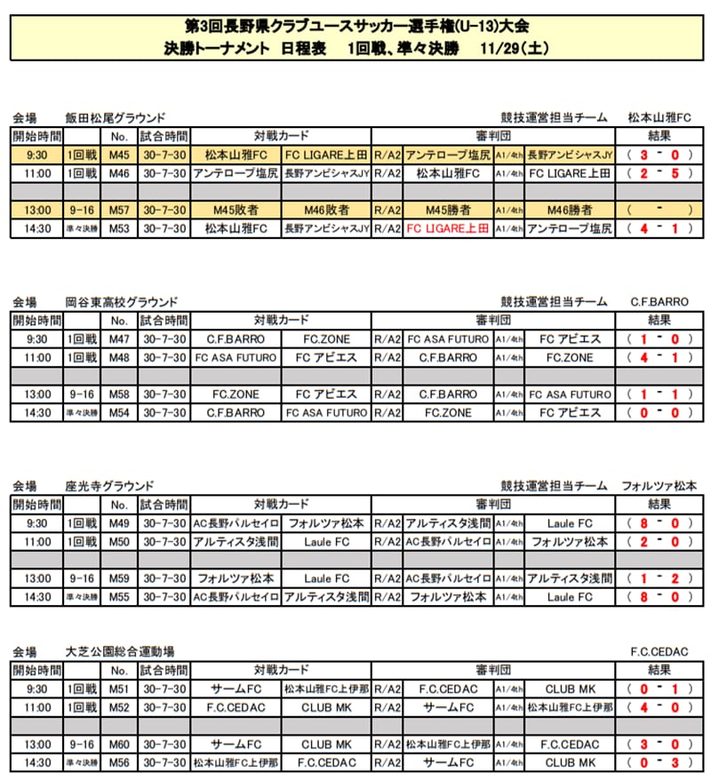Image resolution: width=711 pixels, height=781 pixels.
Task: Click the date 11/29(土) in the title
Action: click(513, 49)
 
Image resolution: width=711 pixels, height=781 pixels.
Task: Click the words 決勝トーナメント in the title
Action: click(218, 49)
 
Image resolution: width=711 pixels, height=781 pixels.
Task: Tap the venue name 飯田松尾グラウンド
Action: click(116, 117)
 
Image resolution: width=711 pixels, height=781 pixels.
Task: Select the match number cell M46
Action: click(119, 173)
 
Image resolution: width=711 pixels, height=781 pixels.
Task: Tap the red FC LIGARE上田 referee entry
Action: click(448, 228)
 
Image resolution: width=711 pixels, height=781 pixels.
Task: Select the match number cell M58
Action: click(119, 394)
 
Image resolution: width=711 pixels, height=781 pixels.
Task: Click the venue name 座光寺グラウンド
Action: click(109, 486)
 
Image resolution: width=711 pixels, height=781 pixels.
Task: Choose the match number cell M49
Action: click(119, 523)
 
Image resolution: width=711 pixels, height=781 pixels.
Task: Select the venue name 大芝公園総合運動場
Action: click(119, 651)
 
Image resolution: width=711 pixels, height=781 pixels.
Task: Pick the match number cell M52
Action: click(119, 707)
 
